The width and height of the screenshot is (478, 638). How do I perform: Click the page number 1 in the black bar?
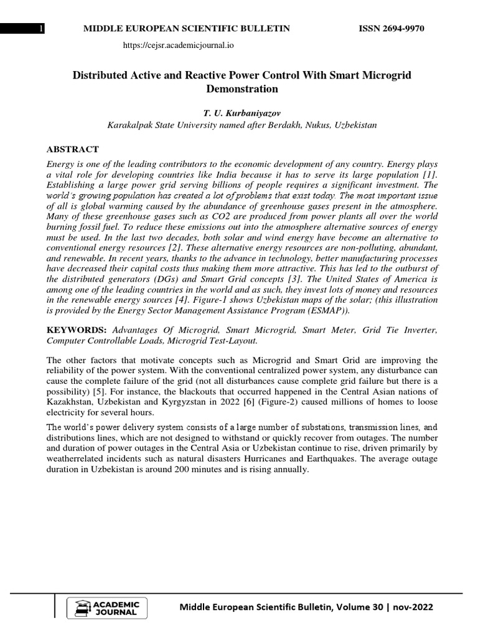point(41,29)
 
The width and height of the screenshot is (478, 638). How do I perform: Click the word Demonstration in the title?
point(241,88)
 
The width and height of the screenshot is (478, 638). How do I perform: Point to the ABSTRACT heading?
point(73,149)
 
